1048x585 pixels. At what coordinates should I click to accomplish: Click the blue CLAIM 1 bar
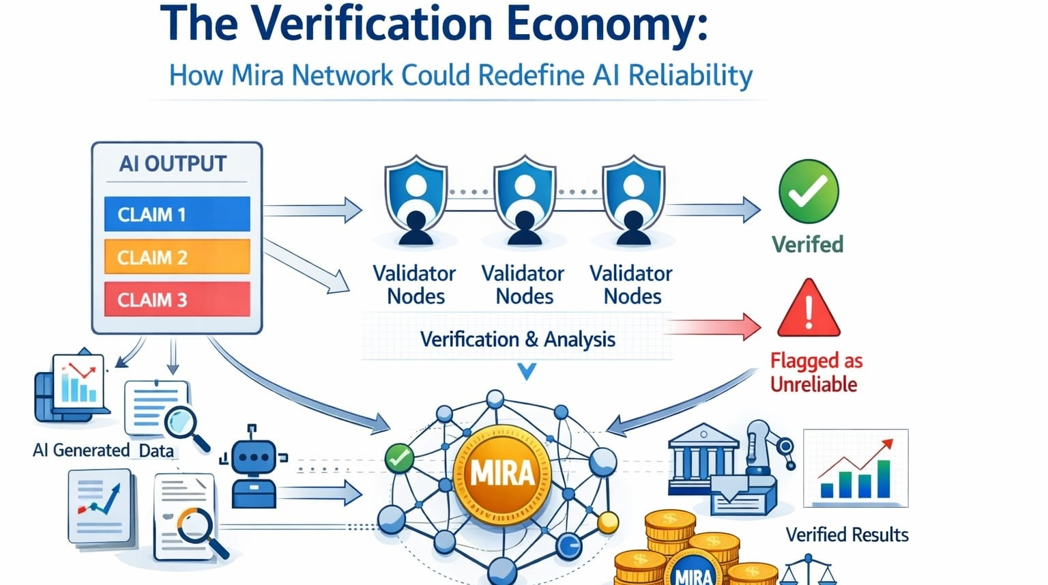177,214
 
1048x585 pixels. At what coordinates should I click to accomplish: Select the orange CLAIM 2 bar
177,257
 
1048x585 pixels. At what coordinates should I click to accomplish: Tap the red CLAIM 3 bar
177,300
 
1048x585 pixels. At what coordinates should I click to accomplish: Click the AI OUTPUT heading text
173,164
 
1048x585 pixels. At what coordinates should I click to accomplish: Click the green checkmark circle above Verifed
809,192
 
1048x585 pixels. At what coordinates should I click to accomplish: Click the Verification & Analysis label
517,339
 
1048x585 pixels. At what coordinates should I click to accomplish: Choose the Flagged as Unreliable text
815,372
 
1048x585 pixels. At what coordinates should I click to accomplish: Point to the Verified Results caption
847,534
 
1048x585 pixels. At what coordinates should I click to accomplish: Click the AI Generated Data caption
103,451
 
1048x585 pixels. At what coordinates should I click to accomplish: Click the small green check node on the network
399,458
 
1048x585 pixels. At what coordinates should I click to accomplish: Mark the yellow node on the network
607,523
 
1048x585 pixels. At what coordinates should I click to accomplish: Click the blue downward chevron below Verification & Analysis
527,371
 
